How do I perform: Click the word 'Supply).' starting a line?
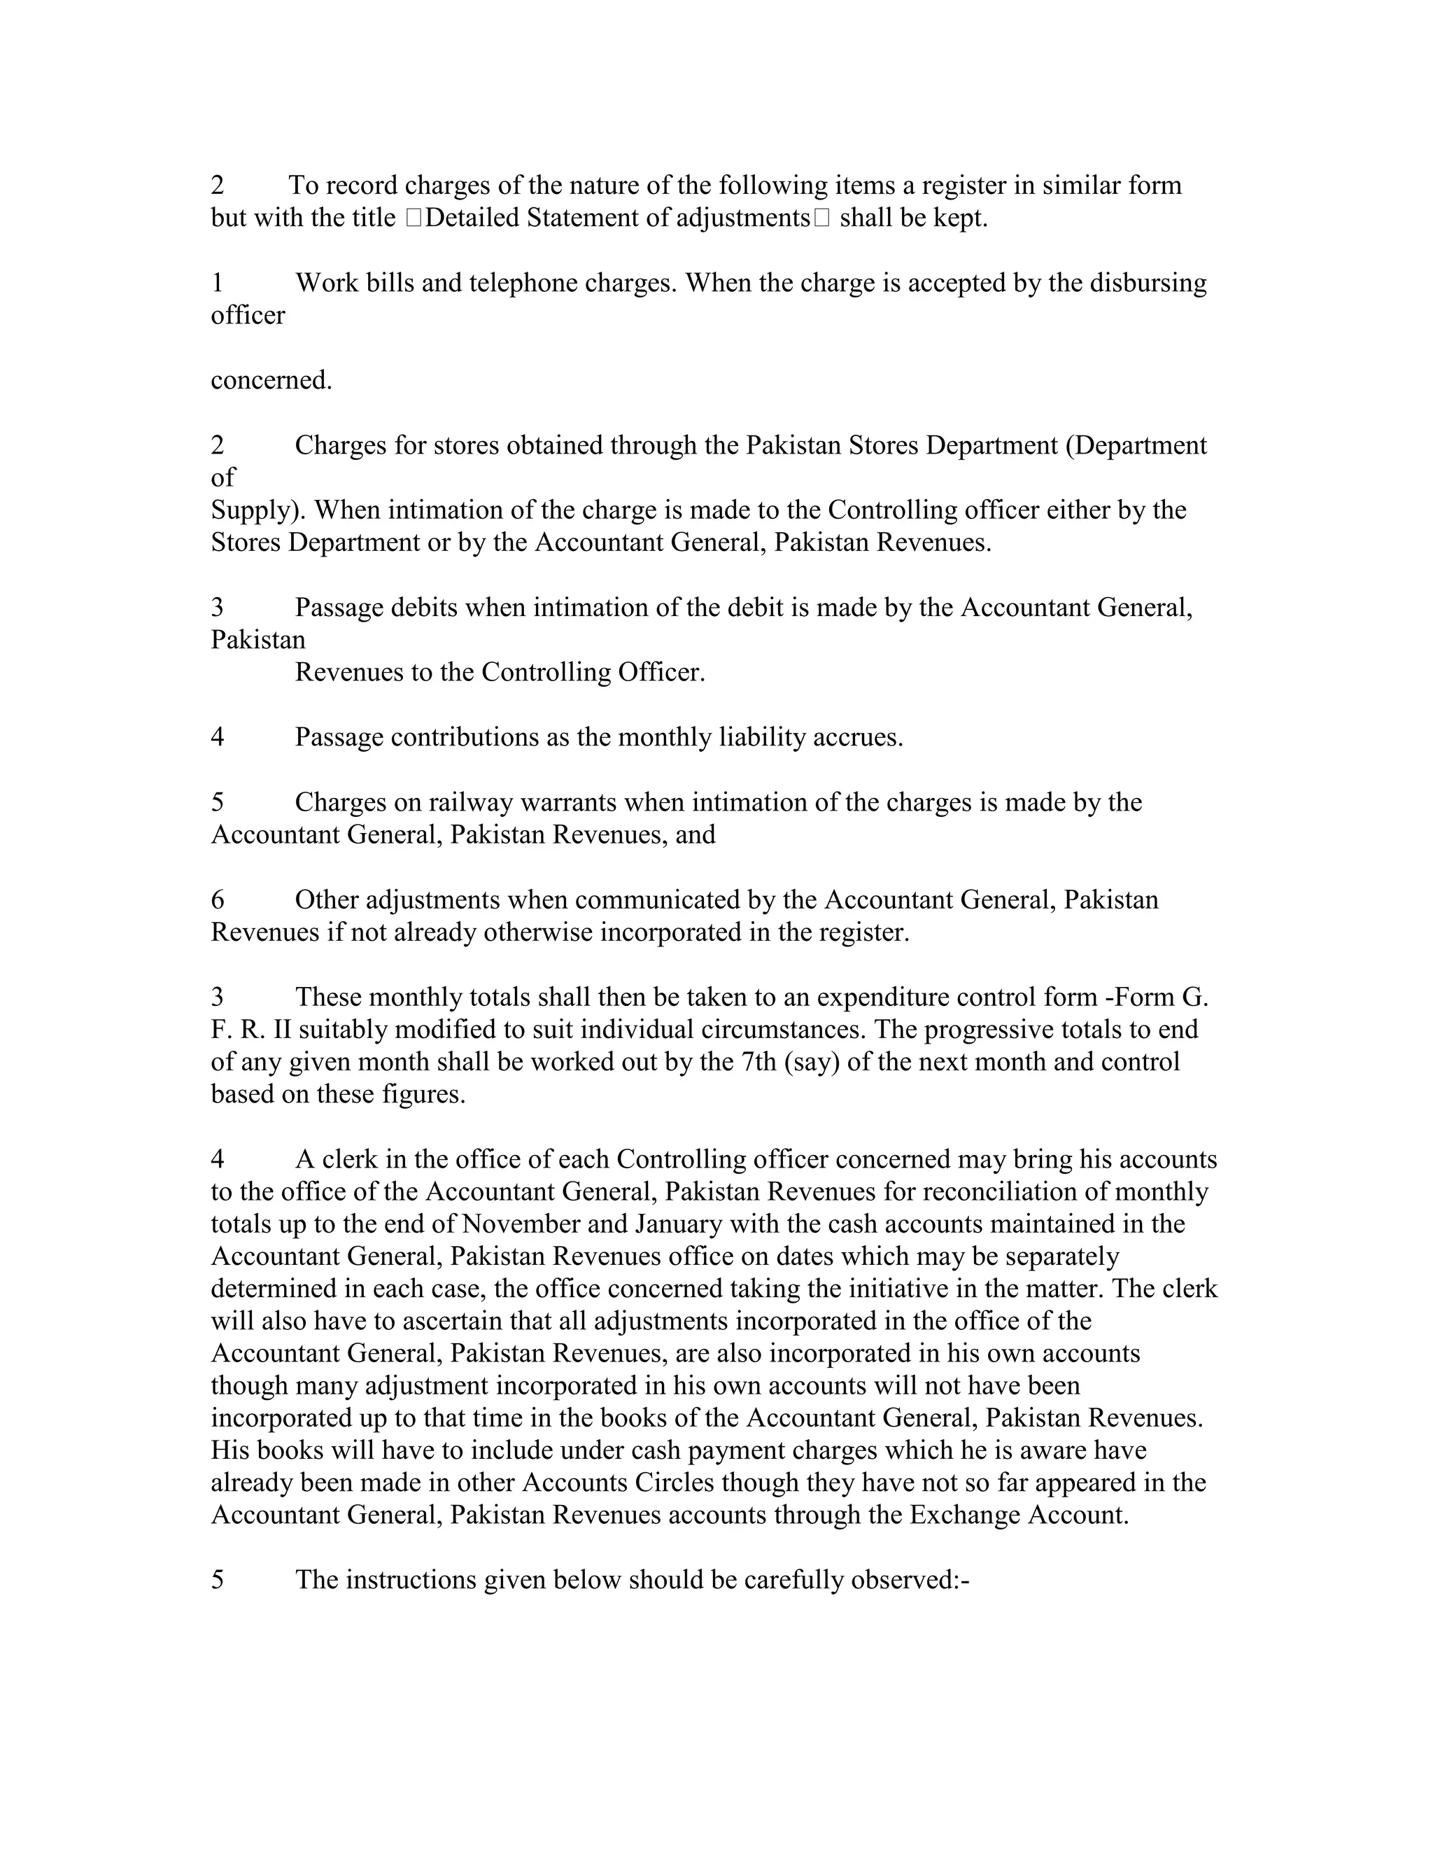click(258, 510)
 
